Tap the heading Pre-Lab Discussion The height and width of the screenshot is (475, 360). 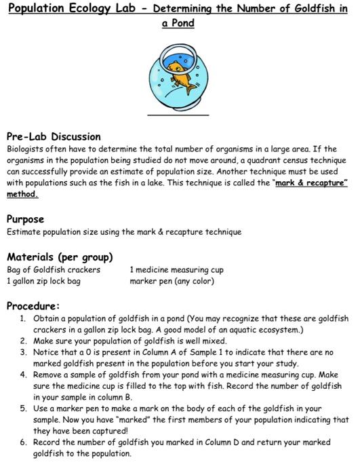(54, 136)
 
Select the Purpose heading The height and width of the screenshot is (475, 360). (25, 219)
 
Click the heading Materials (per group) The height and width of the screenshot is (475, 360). (60, 257)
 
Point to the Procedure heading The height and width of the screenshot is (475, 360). (33, 305)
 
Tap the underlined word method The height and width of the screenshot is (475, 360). (22, 194)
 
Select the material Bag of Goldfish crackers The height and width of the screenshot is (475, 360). (54, 269)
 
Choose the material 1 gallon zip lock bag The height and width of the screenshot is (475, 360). (43, 280)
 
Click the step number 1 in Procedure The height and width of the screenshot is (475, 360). (22, 318)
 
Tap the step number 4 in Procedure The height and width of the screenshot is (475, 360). (22, 374)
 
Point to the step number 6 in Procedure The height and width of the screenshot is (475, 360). (22, 442)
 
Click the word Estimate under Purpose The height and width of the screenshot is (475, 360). (24, 232)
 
